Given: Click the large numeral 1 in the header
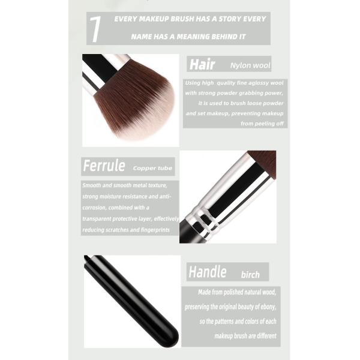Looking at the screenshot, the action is pos(95,29).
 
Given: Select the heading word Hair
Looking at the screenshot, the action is pos(202,64).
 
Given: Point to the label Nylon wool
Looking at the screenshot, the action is pos(250,65).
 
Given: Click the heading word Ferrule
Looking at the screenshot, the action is pos(104,166).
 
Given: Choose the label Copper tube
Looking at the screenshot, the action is pos(152,168).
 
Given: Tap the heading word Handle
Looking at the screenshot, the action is pos(208,272).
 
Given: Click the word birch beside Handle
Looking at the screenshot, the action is pos(250,275).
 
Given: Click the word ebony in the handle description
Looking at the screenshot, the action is pos(268,307).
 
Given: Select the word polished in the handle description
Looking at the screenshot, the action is pos(231,292).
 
